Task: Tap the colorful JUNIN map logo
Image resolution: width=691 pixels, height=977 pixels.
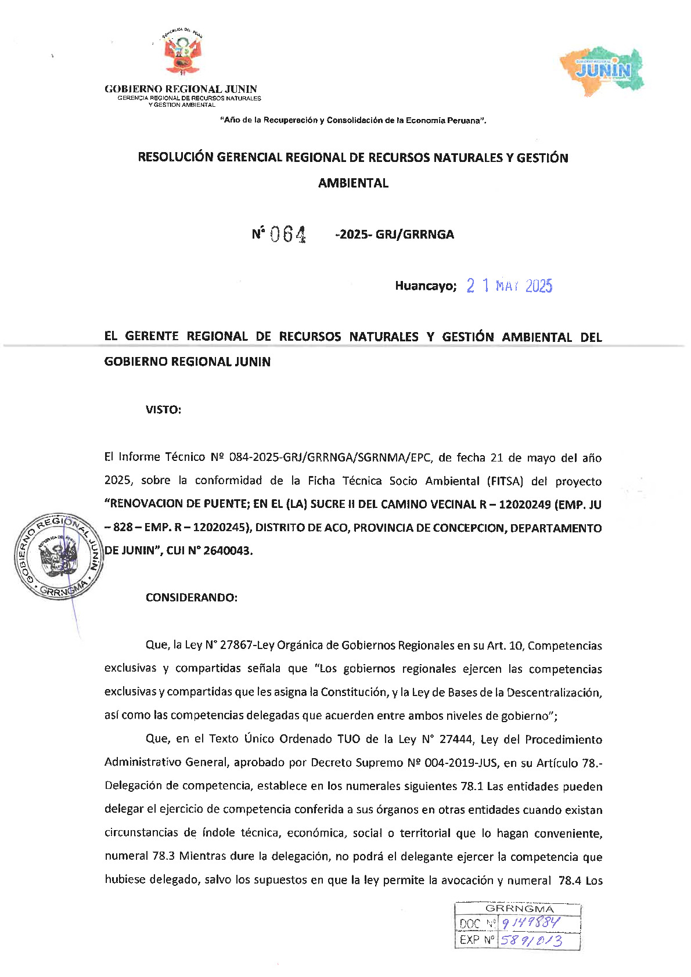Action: [x=602, y=71]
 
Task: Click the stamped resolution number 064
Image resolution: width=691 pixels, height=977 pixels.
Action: [x=287, y=234]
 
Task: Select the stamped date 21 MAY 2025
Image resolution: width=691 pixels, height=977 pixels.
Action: [x=509, y=286]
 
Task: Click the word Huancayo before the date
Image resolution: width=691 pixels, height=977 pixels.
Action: [x=425, y=286]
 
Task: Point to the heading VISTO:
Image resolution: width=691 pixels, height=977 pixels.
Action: [x=163, y=410]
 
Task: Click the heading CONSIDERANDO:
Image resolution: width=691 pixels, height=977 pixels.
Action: [x=191, y=597]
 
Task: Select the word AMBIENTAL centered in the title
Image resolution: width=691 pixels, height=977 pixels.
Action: [x=353, y=183]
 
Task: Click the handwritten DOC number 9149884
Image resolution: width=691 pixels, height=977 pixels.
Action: [x=530, y=923]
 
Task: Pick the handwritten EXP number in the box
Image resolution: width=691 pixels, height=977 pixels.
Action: [x=531, y=940]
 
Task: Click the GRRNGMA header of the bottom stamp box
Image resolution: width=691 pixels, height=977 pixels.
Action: [x=519, y=908]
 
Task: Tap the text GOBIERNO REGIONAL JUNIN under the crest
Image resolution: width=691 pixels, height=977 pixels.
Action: [x=181, y=89]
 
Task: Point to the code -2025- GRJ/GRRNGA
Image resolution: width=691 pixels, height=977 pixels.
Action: [x=394, y=235]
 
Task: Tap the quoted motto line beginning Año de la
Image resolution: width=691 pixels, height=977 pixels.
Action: [x=353, y=121]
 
